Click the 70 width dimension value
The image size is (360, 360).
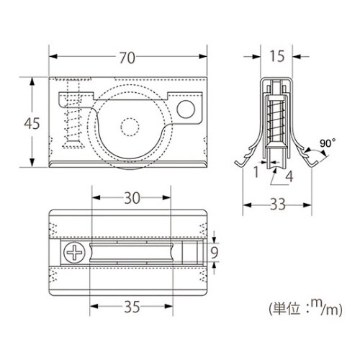[127, 58]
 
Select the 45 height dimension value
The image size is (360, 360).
[32, 124]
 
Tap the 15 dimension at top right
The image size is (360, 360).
[277, 56]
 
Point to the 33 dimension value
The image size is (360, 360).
[278, 204]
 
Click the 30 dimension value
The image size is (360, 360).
[132, 198]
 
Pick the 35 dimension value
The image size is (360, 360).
[132, 307]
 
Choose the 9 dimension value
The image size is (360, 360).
[214, 253]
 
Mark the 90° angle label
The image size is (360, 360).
[328, 143]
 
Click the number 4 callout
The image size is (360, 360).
[289, 177]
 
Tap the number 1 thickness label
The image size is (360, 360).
[256, 172]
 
